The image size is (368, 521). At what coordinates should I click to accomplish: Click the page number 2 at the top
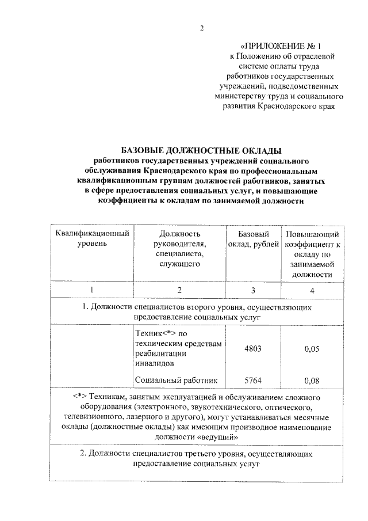pyautogui.click(x=202, y=28)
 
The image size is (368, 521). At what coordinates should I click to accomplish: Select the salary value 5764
pyautogui.click(x=254, y=380)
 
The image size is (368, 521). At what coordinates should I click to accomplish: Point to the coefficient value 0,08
pyautogui.click(x=312, y=380)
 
